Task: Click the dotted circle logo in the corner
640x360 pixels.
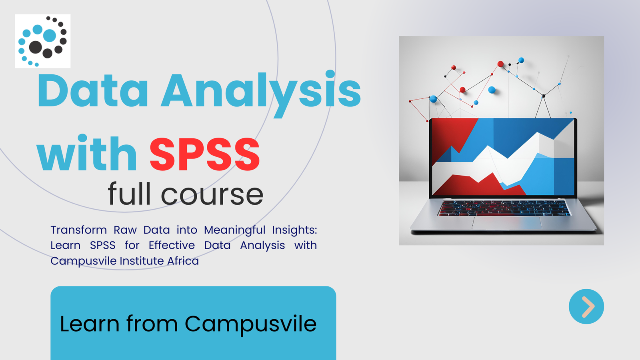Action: click(42, 41)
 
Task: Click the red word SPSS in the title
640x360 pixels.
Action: click(205, 154)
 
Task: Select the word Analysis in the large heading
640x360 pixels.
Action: click(261, 94)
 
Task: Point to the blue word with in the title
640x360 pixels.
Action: click(87, 153)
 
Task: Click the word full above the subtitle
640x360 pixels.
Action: click(129, 193)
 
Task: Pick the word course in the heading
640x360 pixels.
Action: click(212, 196)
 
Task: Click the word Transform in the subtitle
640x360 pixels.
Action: click(78, 230)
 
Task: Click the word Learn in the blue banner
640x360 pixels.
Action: click(90, 324)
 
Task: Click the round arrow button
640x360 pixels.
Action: click(586, 306)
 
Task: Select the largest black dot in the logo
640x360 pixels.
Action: click(36, 47)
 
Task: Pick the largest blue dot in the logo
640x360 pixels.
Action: click(50, 36)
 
